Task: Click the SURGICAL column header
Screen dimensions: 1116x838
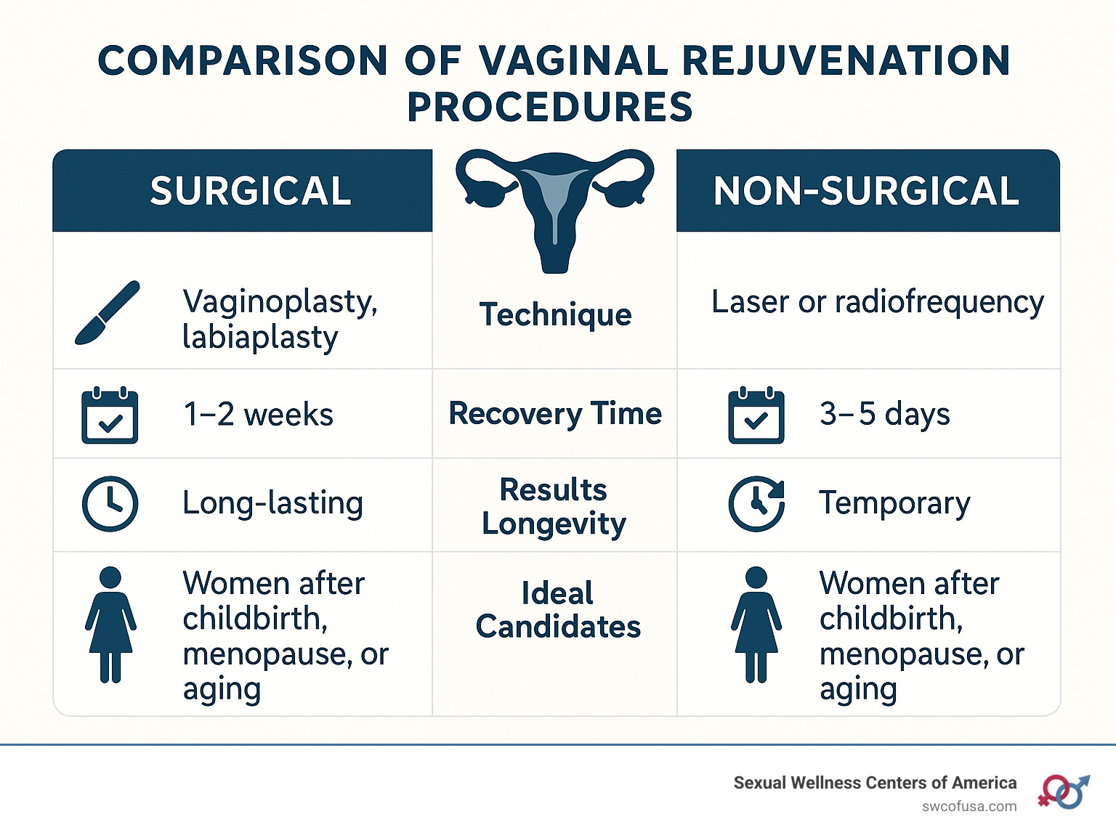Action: [x=251, y=190]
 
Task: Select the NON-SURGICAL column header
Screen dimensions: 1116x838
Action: [x=866, y=190]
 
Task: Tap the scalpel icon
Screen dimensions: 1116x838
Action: [x=108, y=312]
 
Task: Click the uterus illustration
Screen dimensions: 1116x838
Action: [x=554, y=211]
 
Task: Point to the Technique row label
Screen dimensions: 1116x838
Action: [x=555, y=314]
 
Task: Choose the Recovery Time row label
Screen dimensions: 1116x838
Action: [x=555, y=414]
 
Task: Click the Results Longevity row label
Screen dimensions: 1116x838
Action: [x=554, y=506]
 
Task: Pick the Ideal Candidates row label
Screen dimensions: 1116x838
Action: [x=558, y=609]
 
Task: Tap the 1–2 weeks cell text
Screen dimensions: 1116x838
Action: [x=258, y=414]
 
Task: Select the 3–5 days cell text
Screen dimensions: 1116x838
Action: [x=885, y=414]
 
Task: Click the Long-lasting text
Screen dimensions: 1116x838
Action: [x=273, y=504]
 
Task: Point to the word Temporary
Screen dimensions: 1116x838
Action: [x=895, y=504]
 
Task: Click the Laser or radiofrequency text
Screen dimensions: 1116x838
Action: [x=878, y=303]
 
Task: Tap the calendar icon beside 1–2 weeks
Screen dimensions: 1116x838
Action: [x=110, y=415]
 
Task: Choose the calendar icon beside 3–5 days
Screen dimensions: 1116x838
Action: [x=756, y=415]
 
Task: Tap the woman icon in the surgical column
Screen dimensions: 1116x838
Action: [x=110, y=625]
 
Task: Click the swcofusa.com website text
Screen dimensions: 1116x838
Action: [x=969, y=807]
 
